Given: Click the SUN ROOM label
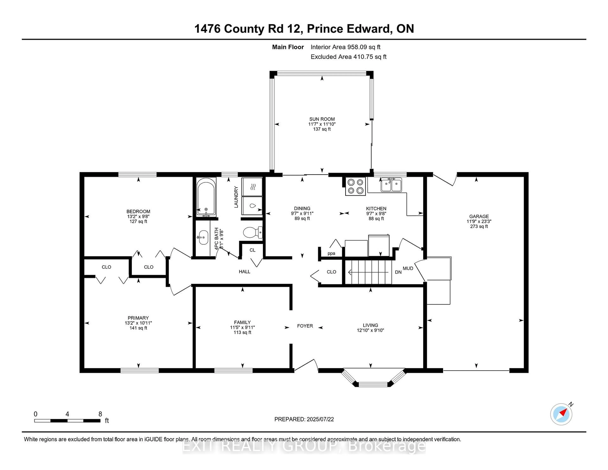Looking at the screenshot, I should click(x=322, y=119).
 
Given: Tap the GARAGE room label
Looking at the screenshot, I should click(x=479, y=216).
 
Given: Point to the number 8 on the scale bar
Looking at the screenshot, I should click(x=100, y=414).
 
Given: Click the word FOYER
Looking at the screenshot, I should click(x=305, y=326).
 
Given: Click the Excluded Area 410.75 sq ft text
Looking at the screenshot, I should click(x=348, y=57).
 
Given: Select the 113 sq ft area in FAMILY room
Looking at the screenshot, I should click(x=242, y=332).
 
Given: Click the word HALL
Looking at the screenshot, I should click(x=244, y=271).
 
